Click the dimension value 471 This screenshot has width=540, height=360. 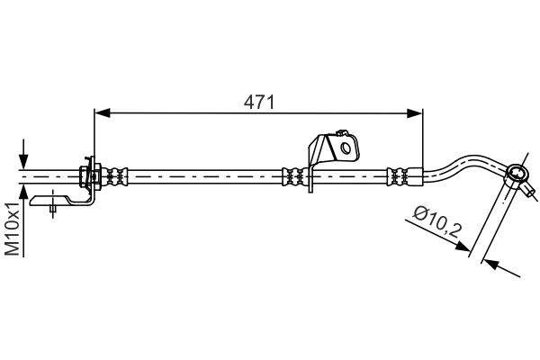tap(260, 102)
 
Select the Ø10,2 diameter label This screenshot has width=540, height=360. tap(437, 223)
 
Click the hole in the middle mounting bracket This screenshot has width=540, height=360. tap(344, 147)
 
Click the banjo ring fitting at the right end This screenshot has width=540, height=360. tap(517, 173)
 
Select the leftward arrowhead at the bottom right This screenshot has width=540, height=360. tap(490, 265)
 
